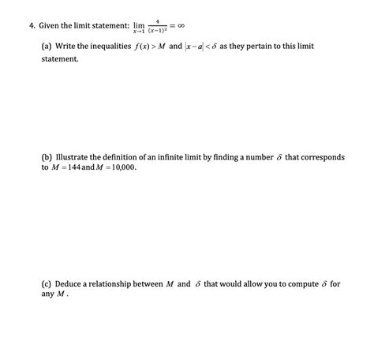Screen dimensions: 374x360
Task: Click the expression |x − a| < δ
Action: coord(230,47)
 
